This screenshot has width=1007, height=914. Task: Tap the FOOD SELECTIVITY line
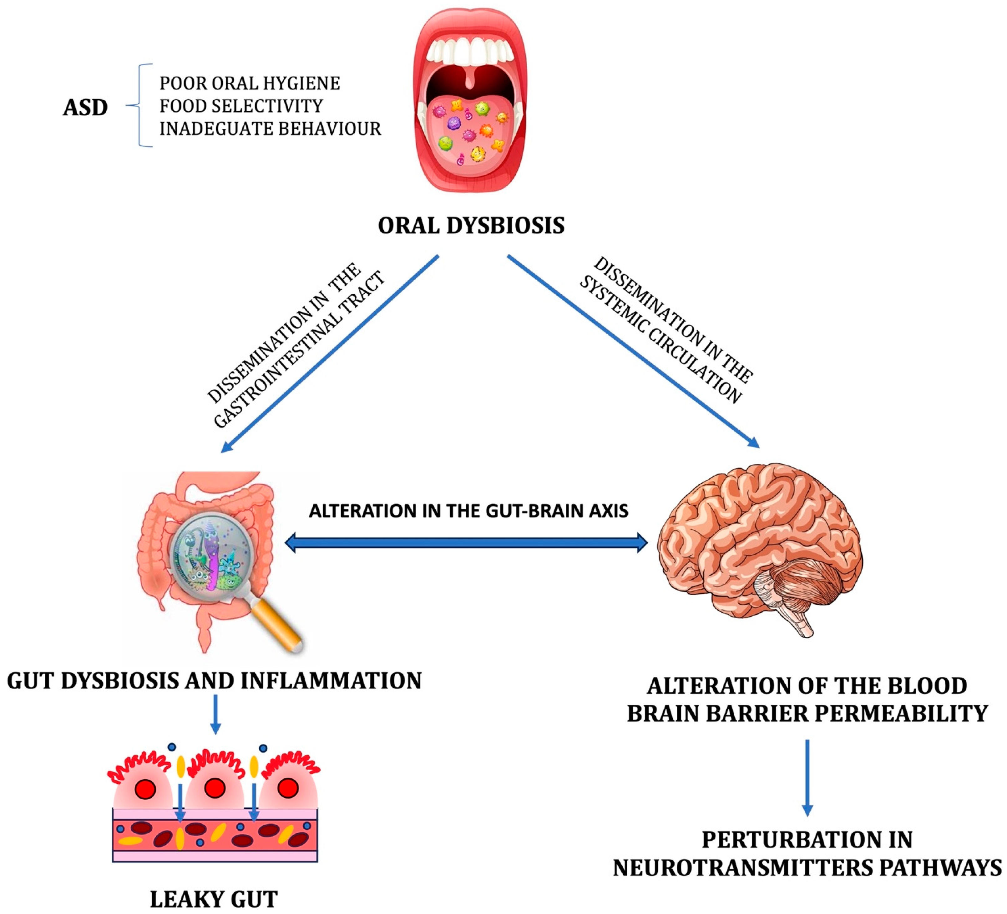click(x=241, y=106)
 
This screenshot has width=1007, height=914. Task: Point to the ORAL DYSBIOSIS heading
click(x=471, y=226)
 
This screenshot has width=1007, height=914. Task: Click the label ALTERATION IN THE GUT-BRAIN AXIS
click(x=468, y=511)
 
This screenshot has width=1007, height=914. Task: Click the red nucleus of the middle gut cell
click(x=215, y=789)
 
